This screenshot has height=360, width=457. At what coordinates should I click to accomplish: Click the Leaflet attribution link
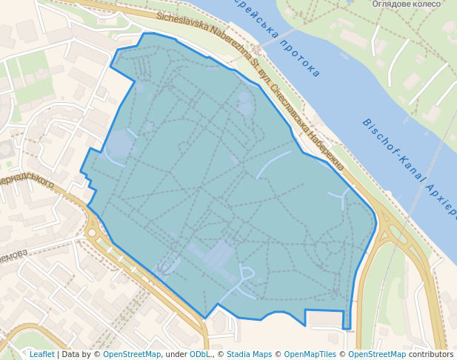(x=41, y=354)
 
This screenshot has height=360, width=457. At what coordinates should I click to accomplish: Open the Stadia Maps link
(x=249, y=354)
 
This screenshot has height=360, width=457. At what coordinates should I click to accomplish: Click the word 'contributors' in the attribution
(x=431, y=354)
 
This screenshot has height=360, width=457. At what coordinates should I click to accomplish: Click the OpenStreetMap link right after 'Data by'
(x=131, y=354)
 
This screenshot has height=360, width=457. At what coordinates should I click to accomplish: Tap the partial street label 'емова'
(x=14, y=254)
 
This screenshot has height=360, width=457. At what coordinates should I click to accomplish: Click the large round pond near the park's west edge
(x=121, y=144)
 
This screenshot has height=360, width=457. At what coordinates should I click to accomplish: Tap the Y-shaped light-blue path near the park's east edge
(x=340, y=197)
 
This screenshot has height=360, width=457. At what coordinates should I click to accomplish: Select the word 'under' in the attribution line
(x=176, y=354)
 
